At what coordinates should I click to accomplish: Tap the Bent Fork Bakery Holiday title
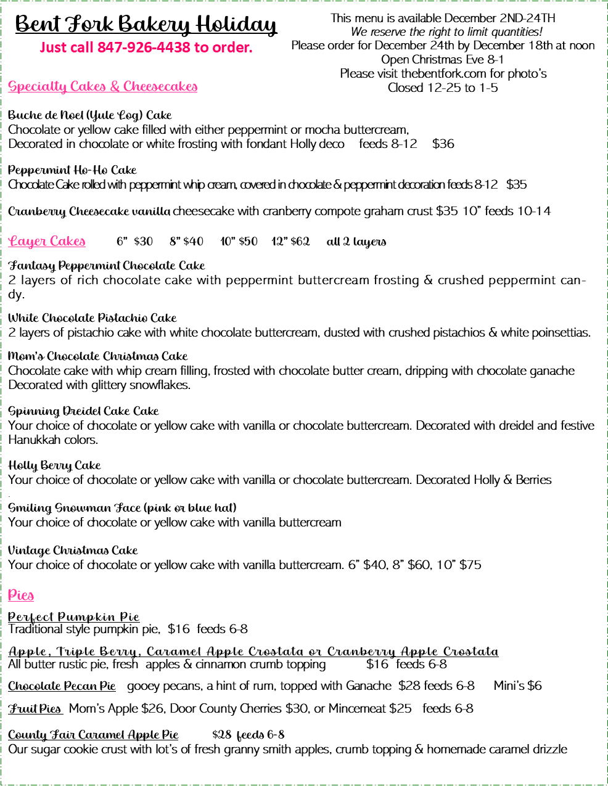coord(146,25)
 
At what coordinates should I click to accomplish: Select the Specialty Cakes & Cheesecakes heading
coord(103,86)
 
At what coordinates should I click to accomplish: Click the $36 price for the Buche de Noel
coord(443,144)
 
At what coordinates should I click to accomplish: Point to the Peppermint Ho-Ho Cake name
coord(72,170)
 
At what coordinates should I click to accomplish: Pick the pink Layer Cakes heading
coord(47,241)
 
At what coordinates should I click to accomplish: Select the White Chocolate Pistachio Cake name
coord(92,318)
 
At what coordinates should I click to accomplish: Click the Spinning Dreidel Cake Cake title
coord(83,411)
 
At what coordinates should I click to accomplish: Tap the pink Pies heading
coord(21,595)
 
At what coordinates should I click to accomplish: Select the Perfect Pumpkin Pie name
coord(74,617)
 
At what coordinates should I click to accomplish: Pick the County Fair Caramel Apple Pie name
coord(93,735)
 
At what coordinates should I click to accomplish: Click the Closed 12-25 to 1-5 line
coord(443,88)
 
